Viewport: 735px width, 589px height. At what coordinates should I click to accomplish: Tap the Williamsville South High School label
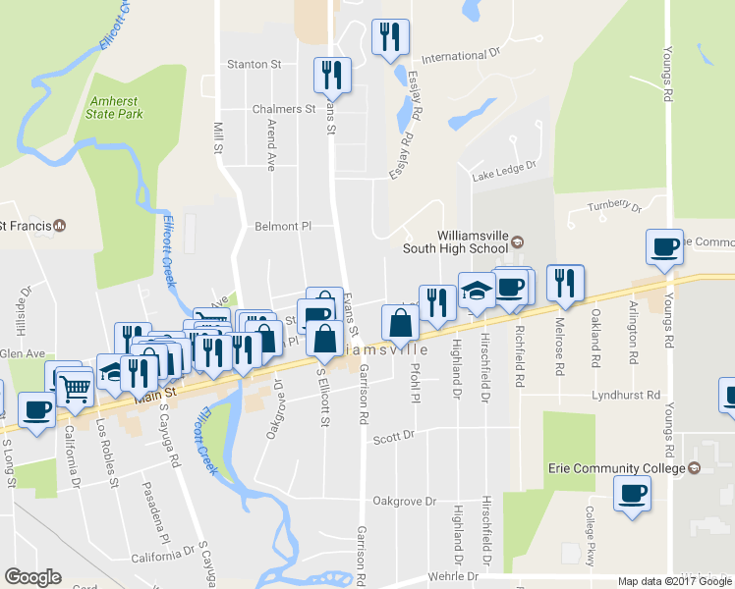[461, 241]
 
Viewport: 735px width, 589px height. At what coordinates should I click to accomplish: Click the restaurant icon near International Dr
[390, 37]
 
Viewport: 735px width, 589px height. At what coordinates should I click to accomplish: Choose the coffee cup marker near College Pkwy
[632, 493]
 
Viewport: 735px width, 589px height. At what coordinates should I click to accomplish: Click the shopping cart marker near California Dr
[75, 389]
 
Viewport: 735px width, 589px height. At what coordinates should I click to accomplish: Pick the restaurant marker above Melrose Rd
[565, 282]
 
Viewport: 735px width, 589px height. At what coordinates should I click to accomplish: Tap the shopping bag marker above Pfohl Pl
[400, 321]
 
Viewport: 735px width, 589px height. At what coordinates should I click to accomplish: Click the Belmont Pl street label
[283, 226]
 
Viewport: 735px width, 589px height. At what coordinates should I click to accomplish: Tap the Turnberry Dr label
[613, 207]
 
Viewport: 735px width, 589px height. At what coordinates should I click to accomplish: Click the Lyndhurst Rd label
[626, 395]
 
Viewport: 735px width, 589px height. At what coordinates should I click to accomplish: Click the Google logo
[32, 577]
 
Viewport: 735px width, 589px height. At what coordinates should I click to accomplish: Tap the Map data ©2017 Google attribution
[674, 581]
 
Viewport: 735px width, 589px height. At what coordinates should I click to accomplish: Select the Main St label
[155, 391]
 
